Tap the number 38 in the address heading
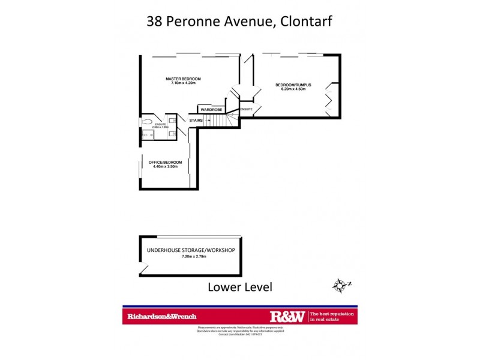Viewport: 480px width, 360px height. pyautogui.click(x=155, y=22)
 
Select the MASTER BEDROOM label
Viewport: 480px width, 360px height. pyautogui.click(x=183, y=79)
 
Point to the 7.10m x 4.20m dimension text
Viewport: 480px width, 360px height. pyautogui.click(x=183, y=83)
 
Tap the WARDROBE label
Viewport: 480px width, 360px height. pyautogui.click(x=211, y=110)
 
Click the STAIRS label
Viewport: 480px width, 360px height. pyautogui.click(x=196, y=121)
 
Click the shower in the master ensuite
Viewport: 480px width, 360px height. pyautogui.click(x=148, y=135)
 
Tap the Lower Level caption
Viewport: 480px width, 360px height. pyautogui.click(x=239, y=287)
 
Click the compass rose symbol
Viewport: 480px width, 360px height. pyautogui.click(x=340, y=284)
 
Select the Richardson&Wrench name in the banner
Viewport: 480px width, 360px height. pyautogui.click(x=161, y=316)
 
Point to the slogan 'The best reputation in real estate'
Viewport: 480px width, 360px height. pyautogui.click(x=332, y=316)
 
